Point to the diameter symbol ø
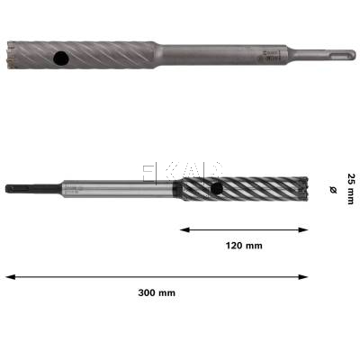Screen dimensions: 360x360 point(332,190)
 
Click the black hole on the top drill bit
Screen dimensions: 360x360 point(60,59)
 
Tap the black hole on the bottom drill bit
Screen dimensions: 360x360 point(219,188)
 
